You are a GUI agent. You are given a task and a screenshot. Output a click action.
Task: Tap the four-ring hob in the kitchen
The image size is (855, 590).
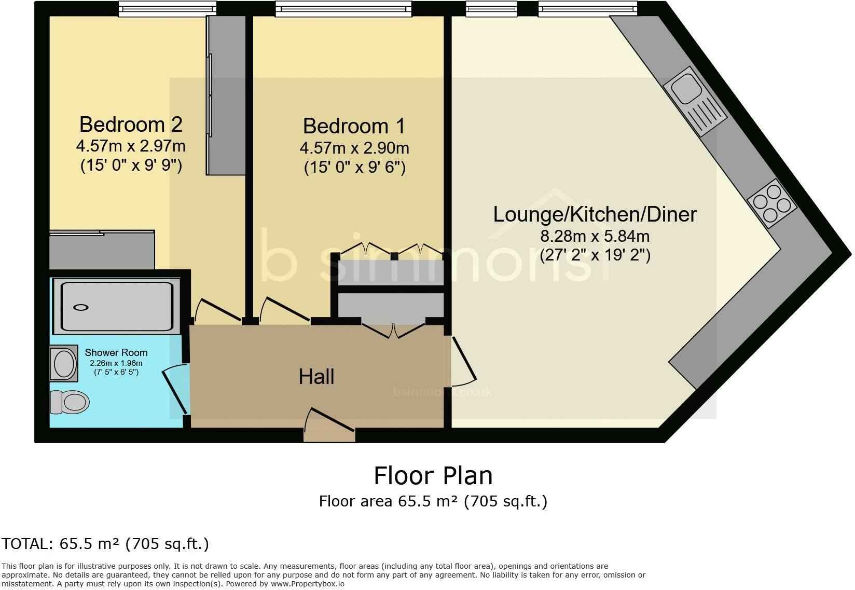(772, 203)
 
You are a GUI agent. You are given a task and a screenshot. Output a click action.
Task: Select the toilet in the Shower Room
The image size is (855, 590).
(70, 402)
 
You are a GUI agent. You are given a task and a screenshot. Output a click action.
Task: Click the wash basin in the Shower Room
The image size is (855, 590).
(64, 364)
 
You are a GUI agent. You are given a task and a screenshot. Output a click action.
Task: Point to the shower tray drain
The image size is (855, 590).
(81, 307)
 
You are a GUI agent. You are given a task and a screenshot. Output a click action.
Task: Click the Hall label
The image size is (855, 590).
(316, 377)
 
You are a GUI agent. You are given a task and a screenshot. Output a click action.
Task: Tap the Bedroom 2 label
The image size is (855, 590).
(131, 125)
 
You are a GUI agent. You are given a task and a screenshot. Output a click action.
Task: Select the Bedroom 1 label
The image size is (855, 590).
(354, 126)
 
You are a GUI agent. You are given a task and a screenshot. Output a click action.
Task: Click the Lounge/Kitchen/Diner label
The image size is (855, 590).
(595, 214)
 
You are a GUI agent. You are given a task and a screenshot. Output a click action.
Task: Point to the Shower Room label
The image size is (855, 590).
(116, 352)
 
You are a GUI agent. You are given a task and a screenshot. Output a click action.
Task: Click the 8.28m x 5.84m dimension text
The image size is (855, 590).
(595, 237)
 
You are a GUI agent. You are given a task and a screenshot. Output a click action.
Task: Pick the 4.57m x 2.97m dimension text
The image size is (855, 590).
(131, 146)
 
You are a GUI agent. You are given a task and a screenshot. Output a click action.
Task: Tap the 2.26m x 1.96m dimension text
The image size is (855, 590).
(116, 363)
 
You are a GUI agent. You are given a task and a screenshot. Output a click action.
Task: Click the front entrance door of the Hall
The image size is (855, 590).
(330, 425)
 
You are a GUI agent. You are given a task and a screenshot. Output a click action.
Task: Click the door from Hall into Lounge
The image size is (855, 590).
(463, 361)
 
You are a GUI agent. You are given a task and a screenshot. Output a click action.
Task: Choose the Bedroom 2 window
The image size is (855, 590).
(167, 9)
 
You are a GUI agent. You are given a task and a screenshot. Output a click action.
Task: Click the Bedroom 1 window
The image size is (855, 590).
(343, 9)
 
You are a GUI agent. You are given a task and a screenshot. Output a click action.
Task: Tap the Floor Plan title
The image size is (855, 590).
(433, 476)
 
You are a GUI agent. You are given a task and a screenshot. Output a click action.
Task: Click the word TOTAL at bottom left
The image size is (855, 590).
(25, 544)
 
